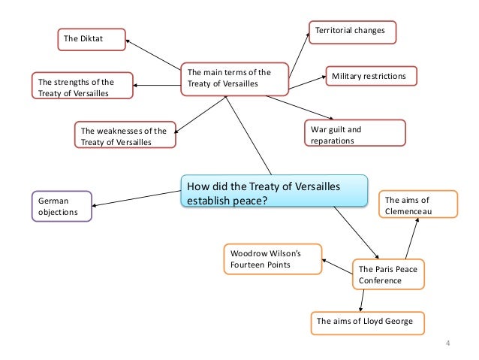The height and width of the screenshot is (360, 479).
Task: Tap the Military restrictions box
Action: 369,76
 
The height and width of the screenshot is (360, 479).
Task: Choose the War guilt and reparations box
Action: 354,135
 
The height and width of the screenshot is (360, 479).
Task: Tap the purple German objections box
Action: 62,206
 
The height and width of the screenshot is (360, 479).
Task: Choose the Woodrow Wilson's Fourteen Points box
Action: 273,260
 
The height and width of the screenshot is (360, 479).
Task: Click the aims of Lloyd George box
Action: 366,321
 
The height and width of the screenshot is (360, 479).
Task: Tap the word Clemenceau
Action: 410,211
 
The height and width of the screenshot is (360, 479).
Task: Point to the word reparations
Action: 333,141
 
